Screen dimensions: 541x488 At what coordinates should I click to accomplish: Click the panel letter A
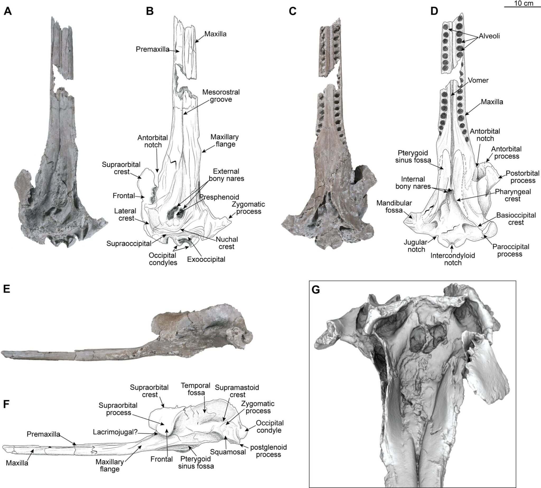pos(8,11)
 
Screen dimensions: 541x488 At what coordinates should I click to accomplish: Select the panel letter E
pos(7,290)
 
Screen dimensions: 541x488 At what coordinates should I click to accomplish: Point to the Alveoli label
pos(489,36)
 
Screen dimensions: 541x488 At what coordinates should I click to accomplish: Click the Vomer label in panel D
pos(478,80)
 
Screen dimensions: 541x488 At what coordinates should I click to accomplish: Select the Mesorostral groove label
pos(221,96)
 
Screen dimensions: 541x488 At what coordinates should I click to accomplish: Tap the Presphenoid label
pos(219,197)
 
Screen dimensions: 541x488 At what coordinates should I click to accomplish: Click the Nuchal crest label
pos(227,243)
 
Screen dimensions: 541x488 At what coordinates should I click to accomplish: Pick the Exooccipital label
pos(206,259)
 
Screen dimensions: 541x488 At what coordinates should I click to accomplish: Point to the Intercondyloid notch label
pos(453,259)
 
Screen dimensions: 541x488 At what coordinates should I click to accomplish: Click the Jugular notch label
pos(416,246)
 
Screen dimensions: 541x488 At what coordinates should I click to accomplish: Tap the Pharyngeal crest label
pos(513,195)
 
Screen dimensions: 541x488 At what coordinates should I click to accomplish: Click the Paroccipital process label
pos(511,250)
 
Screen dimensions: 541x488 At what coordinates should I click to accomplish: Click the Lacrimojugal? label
pos(115,432)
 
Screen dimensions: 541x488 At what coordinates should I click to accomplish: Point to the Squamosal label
pos(228,452)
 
